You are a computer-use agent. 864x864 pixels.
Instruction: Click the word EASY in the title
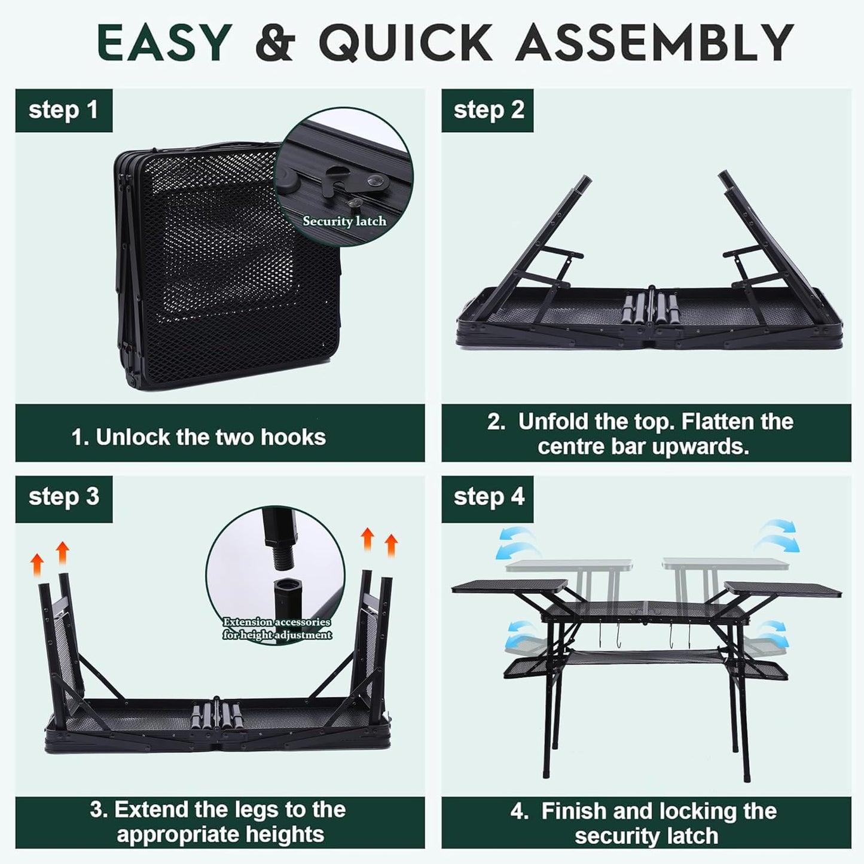click(x=164, y=43)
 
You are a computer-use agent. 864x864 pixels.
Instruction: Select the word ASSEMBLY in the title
click(x=655, y=43)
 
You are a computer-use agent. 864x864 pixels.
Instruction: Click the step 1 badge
click(x=63, y=111)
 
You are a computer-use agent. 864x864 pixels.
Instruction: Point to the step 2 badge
click(x=488, y=111)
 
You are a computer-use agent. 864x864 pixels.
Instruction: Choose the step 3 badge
click(x=63, y=497)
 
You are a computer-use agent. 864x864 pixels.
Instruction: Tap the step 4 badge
click(x=488, y=497)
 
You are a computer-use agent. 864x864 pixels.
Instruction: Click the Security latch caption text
click(x=344, y=221)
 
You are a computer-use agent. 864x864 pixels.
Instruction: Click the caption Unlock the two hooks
click(x=199, y=437)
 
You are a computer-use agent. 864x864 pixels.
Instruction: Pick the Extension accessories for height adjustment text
click(x=277, y=628)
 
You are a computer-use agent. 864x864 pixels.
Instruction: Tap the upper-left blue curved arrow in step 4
click(x=515, y=541)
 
